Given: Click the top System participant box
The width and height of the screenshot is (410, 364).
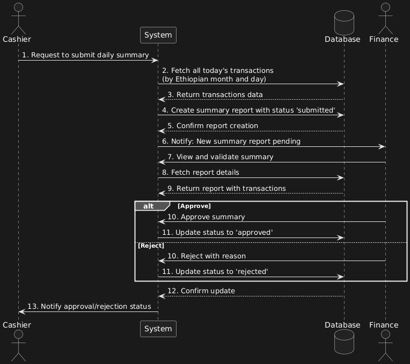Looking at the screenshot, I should (158, 35).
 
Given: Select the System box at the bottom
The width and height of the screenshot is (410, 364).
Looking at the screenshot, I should (158, 329).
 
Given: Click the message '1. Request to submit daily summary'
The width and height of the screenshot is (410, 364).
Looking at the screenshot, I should (85, 55).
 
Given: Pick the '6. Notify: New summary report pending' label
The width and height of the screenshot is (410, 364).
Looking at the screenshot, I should (231, 142).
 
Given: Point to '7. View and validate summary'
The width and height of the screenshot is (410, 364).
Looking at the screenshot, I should (220, 157).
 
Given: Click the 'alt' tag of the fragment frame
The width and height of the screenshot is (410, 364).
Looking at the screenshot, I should (149, 206).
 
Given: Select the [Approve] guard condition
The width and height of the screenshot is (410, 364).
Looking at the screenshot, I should (194, 206).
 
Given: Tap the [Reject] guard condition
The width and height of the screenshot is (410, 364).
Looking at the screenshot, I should (151, 245).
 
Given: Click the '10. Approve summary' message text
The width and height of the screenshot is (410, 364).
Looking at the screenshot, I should (206, 217).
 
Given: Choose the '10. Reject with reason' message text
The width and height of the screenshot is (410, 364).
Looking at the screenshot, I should (207, 256).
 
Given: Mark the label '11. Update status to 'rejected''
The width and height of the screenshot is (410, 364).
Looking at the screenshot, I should (215, 272).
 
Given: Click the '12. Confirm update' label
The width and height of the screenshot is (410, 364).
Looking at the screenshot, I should (201, 291).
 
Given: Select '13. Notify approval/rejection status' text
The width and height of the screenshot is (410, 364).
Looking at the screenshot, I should (89, 307).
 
